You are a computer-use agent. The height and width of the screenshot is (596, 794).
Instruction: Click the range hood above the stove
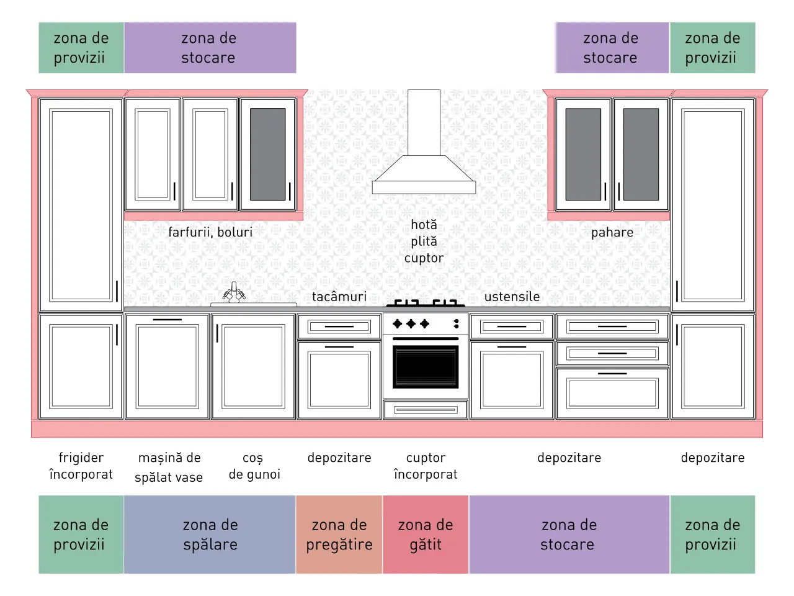tap(424, 174)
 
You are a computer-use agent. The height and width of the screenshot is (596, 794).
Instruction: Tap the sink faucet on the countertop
tap(234, 292)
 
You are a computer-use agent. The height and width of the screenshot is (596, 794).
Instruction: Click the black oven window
tap(426, 367)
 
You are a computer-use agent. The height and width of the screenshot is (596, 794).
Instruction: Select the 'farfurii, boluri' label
tap(210, 232)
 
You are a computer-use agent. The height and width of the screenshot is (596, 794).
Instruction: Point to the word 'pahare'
tap(612, 233)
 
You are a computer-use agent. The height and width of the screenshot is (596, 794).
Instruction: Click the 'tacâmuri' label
tap(339, 297)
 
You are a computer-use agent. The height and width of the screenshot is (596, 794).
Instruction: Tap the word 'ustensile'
tap(512, 297)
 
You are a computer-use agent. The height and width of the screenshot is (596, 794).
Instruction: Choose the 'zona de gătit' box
tap(426, 535)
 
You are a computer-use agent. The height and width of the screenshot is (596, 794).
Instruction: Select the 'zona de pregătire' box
tap(339, 535)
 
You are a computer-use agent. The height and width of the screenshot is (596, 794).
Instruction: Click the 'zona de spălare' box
tap(210, 535)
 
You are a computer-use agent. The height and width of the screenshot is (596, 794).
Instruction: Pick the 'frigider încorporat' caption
tap(81, 466)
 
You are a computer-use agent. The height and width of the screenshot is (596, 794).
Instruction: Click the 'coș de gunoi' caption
tap(254, 466)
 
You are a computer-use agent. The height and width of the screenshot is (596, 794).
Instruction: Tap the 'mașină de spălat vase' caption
tap(169, 467)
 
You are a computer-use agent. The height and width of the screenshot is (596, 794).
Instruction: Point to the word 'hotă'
tap(424, 225)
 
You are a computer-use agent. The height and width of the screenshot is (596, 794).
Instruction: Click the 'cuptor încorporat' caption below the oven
tap(426, 466)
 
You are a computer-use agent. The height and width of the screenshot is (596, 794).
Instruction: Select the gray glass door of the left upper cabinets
tap(268, 154)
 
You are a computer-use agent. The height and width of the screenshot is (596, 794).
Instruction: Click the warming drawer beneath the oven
tap(426, 410)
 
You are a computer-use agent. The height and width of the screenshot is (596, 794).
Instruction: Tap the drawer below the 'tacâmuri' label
tap(339, 327)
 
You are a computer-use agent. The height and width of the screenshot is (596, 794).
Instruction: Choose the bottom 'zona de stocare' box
tap(569, 535)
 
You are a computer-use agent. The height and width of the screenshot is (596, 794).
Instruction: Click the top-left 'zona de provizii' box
tap(81, 48)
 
